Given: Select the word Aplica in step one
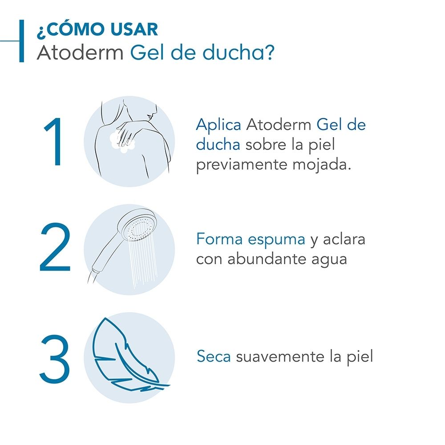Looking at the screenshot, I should pos(218,125).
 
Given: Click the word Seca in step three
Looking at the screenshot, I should pos(214,356).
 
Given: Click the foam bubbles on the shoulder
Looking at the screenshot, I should pos(123,143).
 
